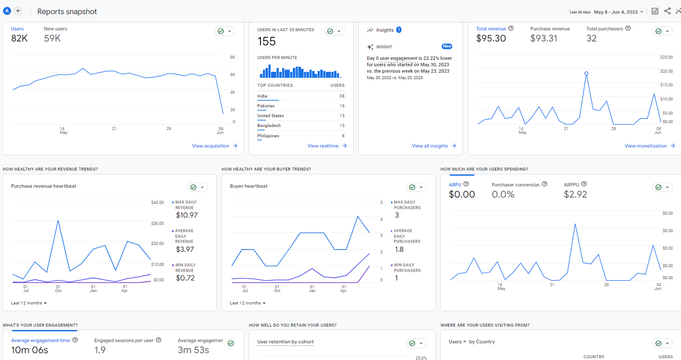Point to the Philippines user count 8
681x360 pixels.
point(343,136)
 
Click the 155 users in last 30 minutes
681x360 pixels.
point(266,41)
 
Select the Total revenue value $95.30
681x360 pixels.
point(491,38)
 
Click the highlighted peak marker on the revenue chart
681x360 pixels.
point(586,74)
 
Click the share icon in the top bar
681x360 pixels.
point(667,11)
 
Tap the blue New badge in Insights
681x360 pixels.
point(447,46)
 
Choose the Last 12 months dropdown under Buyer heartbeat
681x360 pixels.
point(248,303)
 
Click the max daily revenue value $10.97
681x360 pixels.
point(187,215)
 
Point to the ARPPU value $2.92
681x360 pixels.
point(575,195)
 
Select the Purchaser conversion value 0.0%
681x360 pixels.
point(503,195)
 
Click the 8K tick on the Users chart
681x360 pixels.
point(233,57)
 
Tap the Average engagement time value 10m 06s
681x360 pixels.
point(29,350)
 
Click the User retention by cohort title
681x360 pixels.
point(285,342)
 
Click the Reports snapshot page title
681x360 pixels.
point(67,12)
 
